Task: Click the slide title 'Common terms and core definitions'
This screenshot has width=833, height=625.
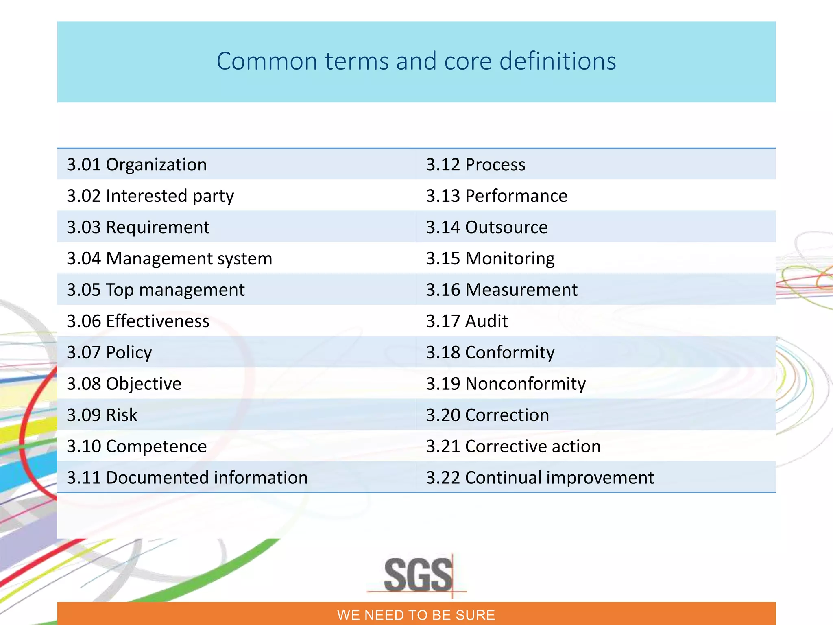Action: (416, 61)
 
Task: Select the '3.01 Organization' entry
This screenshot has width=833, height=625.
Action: (137, 165)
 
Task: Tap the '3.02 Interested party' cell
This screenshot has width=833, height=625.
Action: (150, 196)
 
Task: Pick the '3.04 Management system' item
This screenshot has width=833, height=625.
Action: (169, 259)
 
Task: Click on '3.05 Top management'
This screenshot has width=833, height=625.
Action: (155, 290)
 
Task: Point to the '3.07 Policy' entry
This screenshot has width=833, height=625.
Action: (109, 352)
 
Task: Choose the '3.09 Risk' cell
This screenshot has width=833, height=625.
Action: (102, 415)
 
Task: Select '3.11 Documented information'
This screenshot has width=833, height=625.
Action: (187, 478)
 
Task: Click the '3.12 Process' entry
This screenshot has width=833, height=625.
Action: (475, 165)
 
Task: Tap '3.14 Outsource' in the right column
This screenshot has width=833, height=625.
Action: (486, 227)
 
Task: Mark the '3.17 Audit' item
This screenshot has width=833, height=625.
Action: (467, 321)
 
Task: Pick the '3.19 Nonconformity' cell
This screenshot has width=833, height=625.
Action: (506, 384)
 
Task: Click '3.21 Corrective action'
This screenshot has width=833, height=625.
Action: (513, 446)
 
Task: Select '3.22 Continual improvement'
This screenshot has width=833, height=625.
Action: (540, 478)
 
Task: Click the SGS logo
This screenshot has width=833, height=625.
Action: (418, 575)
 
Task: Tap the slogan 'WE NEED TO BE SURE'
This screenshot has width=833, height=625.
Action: (416, 615)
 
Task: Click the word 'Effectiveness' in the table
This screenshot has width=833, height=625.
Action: (157, 321)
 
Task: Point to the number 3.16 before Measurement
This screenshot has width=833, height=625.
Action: (443, 290)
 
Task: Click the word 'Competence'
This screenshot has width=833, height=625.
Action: (156, 446)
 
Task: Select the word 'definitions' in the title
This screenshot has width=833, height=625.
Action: (557, 61)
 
